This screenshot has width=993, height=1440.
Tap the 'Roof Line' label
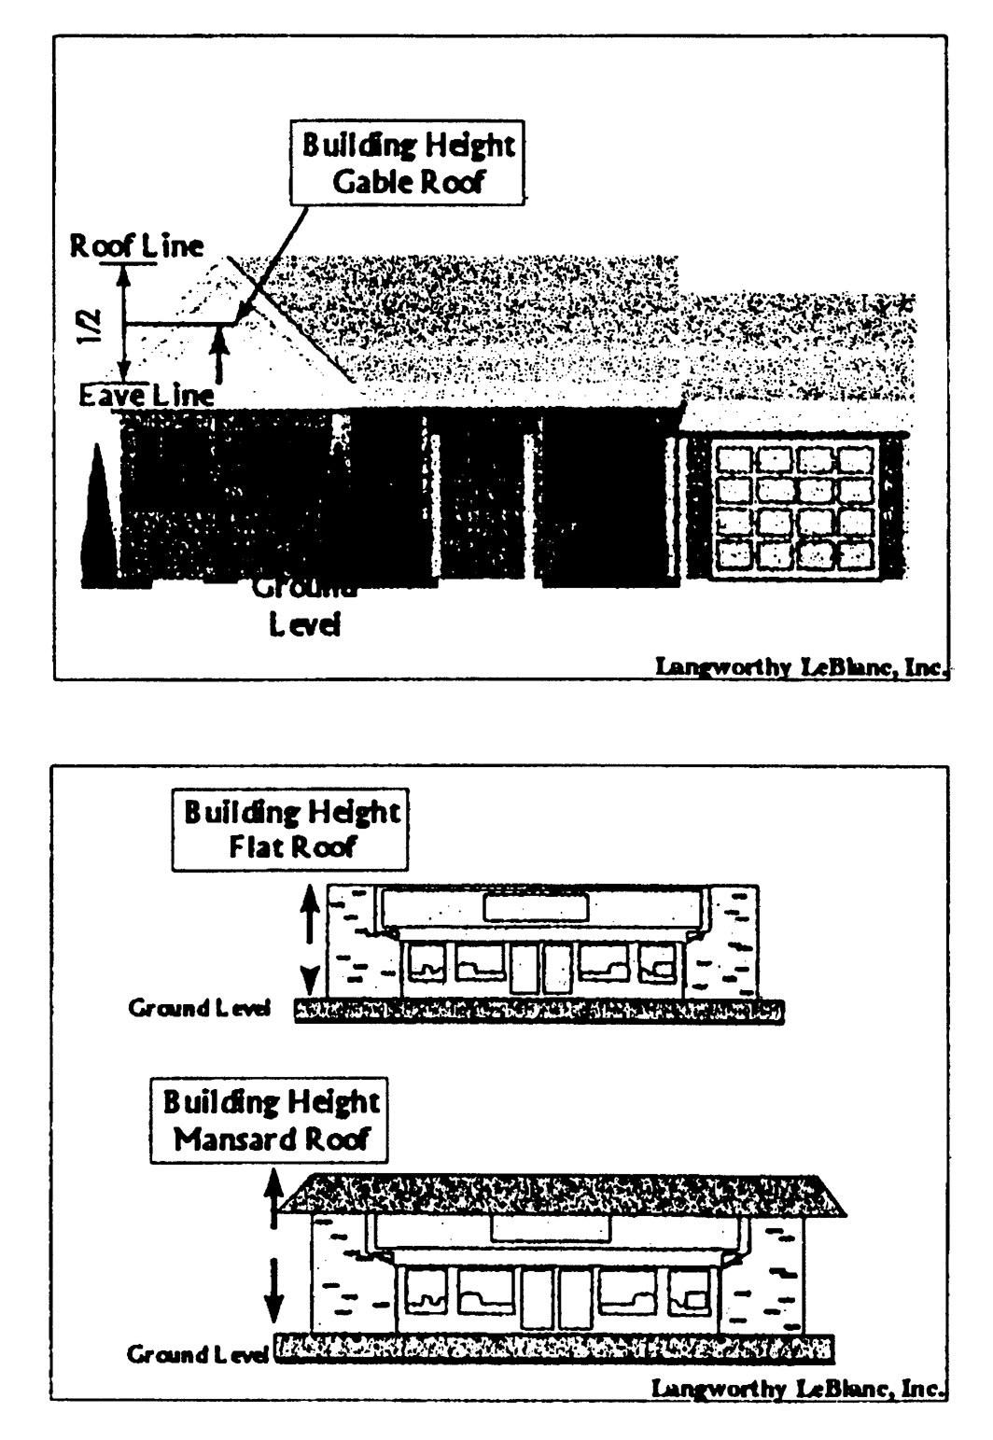pyautogui.click(x=137, y=246)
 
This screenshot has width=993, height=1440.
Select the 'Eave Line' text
pyautogui.click(x=147, y=396)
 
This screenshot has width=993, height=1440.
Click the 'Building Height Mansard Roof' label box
pyautogui.click(x=271, y=1120)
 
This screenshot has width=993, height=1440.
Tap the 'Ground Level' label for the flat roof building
pyautogui.click(x=199, y=1009)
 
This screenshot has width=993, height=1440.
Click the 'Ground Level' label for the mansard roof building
pyautogui.click(x=197, y=1354)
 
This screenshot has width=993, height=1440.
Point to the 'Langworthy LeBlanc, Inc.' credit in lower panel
pyautogui.click(x=798, y=1389)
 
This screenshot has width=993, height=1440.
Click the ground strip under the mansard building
pyautogui.click(x=554, y=1349)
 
